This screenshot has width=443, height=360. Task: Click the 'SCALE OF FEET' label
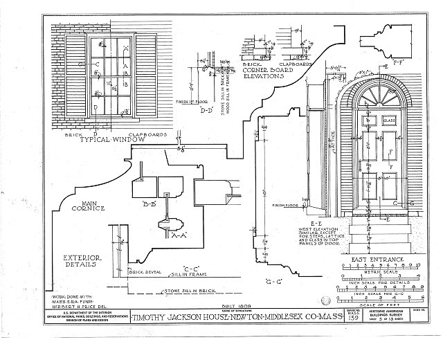click(378, 305)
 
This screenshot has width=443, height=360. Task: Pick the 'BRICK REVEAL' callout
click(147, 271)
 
